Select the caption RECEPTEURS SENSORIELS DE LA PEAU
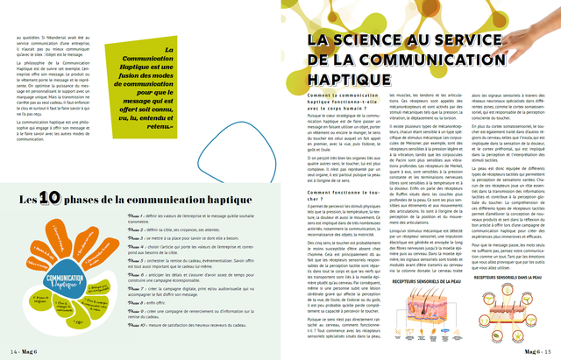pyautogui.click(x=386, y=282)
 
